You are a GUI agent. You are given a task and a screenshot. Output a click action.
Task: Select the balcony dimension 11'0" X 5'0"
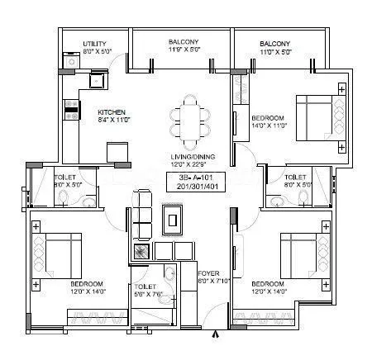(274, 52)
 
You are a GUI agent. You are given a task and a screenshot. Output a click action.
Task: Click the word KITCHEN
(112, 111)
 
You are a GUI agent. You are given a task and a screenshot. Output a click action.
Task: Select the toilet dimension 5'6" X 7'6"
(150, 288)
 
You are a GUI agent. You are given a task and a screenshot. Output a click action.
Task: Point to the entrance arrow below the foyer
(217, 334)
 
